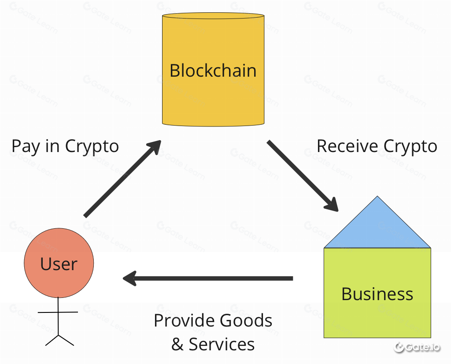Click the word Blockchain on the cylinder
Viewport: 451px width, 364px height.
(x=213, y=71)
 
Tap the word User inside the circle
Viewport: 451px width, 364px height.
(x=59, y=264)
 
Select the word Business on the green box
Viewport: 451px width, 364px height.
(x=377, y=294)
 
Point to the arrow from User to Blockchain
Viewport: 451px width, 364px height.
(x=122, y=178)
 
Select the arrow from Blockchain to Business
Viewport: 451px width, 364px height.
(x=303, y=176)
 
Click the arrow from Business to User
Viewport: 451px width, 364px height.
(x=208, y=278)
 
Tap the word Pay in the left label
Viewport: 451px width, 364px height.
(x=25, y=146)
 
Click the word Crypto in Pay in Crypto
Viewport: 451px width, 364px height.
(x=92, y=146)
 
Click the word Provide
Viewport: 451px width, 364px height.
(x=184, y=320)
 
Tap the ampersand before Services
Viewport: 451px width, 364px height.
(x=177, y=344)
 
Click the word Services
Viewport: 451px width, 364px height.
(x=222, y=344)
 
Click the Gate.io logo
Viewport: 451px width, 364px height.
(x=417, y=347)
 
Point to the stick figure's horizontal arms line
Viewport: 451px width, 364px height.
(x=58, y=312)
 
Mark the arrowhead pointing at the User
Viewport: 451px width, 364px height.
(x=129, y=278)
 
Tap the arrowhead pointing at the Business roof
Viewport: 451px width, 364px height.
(x=332, y=205)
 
